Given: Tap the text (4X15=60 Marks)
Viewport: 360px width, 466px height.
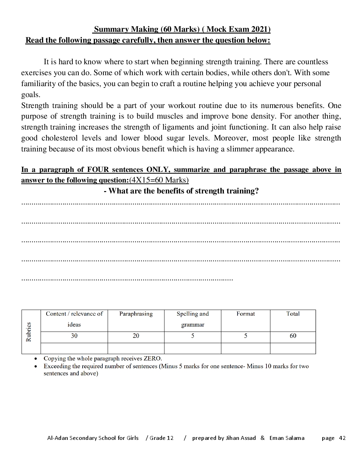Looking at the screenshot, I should point(159,180).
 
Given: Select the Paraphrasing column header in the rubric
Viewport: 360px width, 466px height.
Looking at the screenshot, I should point(136,314).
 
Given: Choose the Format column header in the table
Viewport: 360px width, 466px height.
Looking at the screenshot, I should point(245,314).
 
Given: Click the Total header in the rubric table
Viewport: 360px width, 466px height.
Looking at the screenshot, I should point(293,314).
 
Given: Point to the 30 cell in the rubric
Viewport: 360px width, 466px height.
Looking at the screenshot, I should point(74,336).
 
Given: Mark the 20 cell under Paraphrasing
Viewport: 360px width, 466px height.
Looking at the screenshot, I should point(136,336).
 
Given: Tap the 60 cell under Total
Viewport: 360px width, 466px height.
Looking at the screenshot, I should point(293,336).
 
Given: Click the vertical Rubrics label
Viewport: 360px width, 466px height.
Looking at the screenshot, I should point(29,332).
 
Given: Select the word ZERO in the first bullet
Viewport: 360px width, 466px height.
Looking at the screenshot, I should point(152,359).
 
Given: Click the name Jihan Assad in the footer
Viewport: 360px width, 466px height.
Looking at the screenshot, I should point(241,438).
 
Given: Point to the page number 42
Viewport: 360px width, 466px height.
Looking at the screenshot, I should point(342,438).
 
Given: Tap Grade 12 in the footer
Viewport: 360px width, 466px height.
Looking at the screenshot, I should point(162,438).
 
